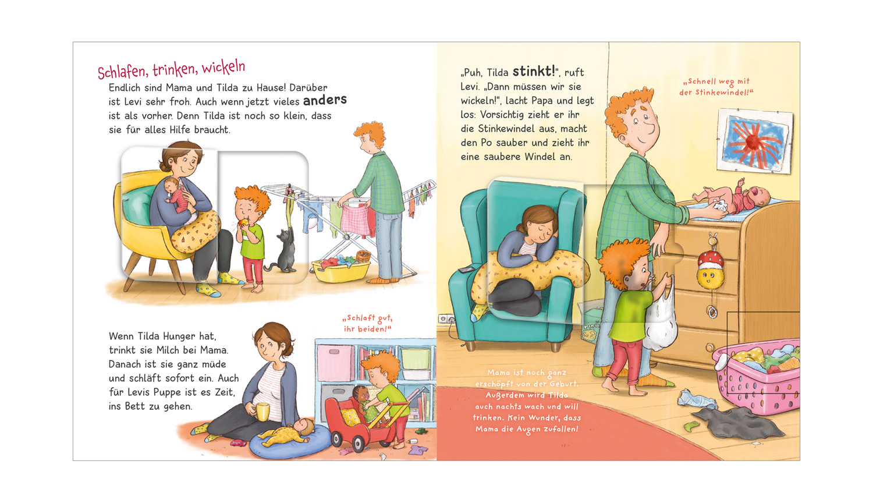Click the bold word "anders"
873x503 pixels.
325,100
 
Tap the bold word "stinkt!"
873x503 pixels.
534,72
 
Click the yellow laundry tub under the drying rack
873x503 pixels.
340,270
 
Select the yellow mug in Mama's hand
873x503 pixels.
262,412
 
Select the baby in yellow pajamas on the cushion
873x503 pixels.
286,433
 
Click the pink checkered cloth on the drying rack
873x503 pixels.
356,219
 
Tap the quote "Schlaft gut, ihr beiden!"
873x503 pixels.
367,324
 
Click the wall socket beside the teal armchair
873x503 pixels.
446,318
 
